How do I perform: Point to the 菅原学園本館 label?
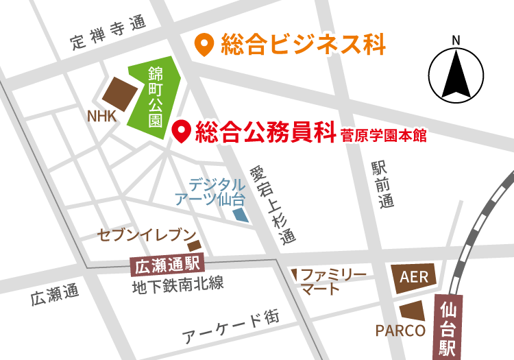383,135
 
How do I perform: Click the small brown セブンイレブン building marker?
194,245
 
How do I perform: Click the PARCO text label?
400,331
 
